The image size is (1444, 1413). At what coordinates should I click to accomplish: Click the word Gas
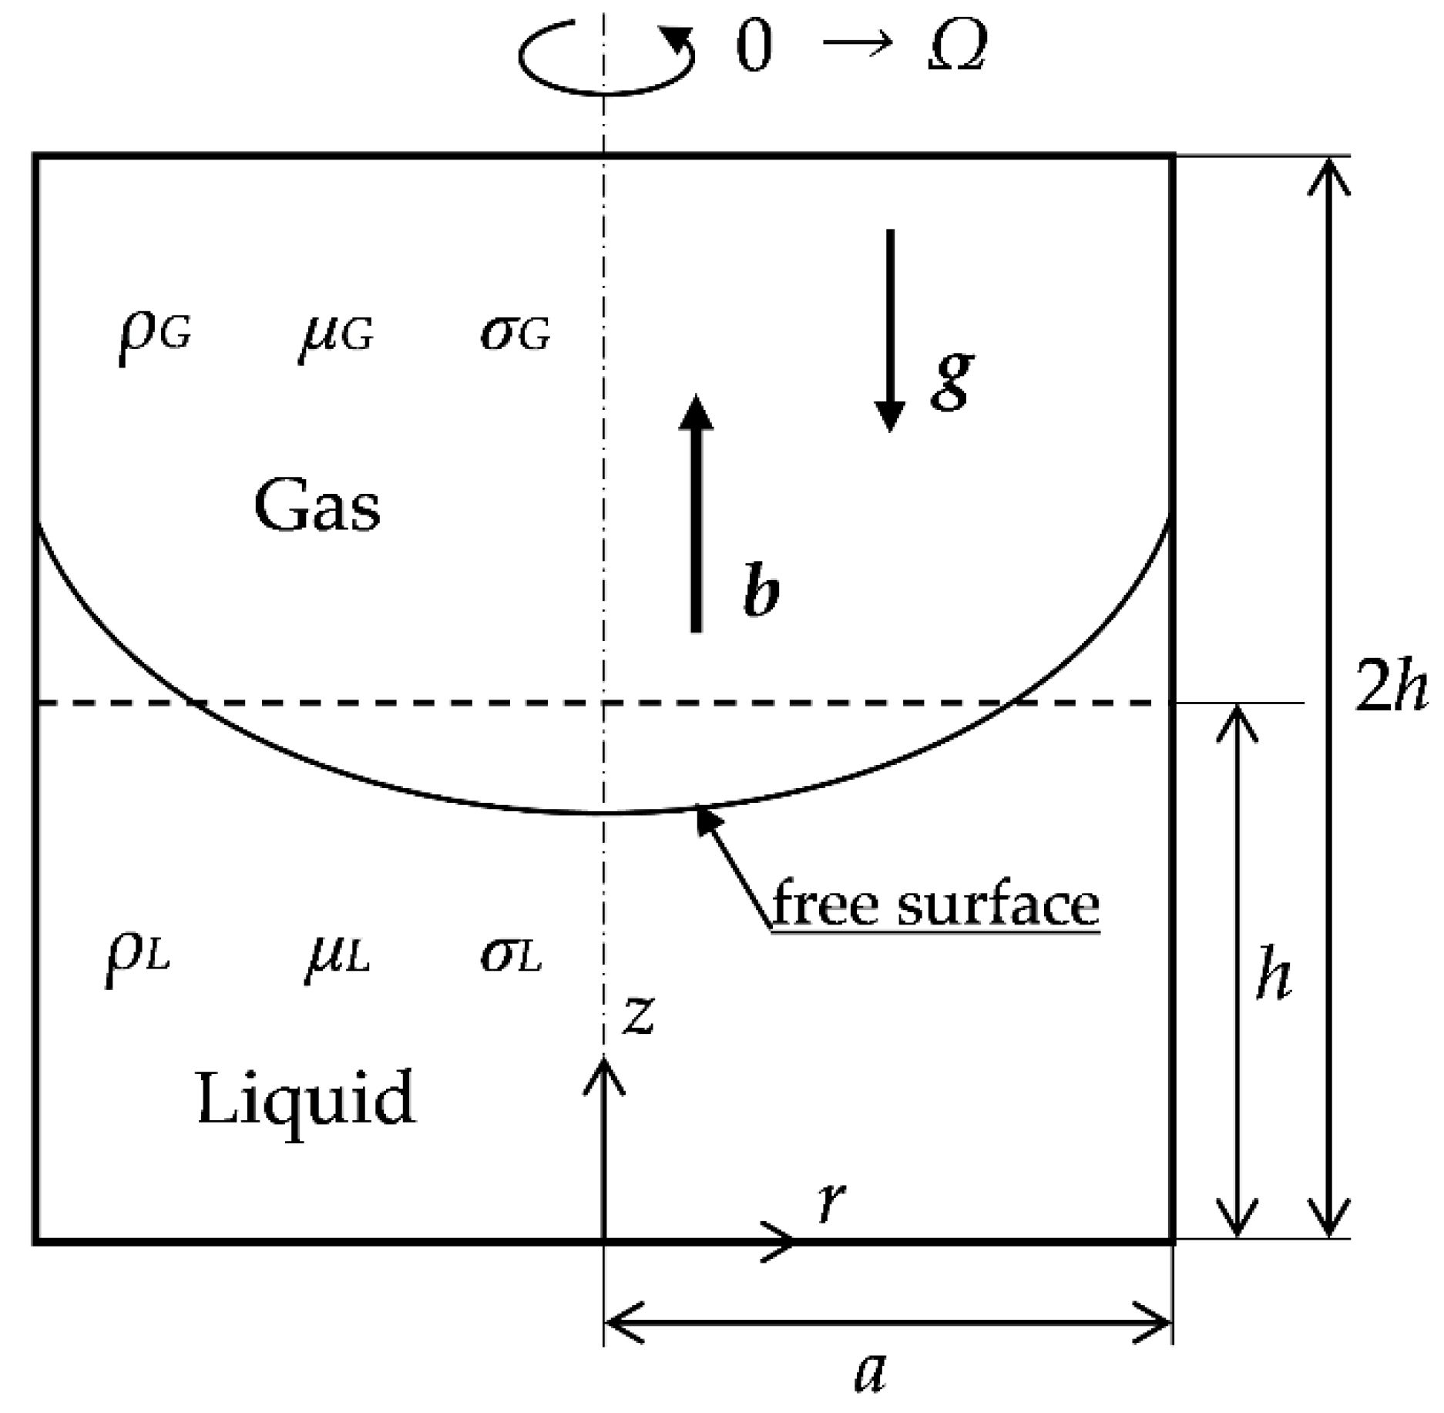click(x=317, y=506)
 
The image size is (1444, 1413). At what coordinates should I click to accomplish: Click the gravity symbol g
click(x=952, y=380)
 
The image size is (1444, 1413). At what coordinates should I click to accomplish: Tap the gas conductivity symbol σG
click(x=515, y=334)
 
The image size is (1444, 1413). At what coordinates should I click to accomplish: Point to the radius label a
click(x=871, y=1373)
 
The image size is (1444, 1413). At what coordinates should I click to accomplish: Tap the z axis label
click(x=640, y=1015)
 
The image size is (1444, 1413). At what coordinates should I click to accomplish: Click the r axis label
click(x=831, y=1202)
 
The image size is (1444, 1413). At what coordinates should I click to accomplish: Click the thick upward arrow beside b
click(x=697, y=513)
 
